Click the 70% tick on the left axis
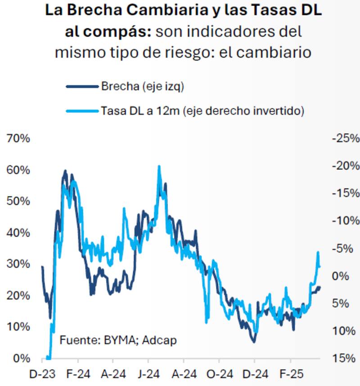point(18,139)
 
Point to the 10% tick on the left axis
point(18,327)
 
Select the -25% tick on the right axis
point(345,139)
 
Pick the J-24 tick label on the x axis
point(148,374)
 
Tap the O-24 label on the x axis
point(219,374)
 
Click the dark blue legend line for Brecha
point(81,87)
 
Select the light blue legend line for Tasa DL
point(81,110)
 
